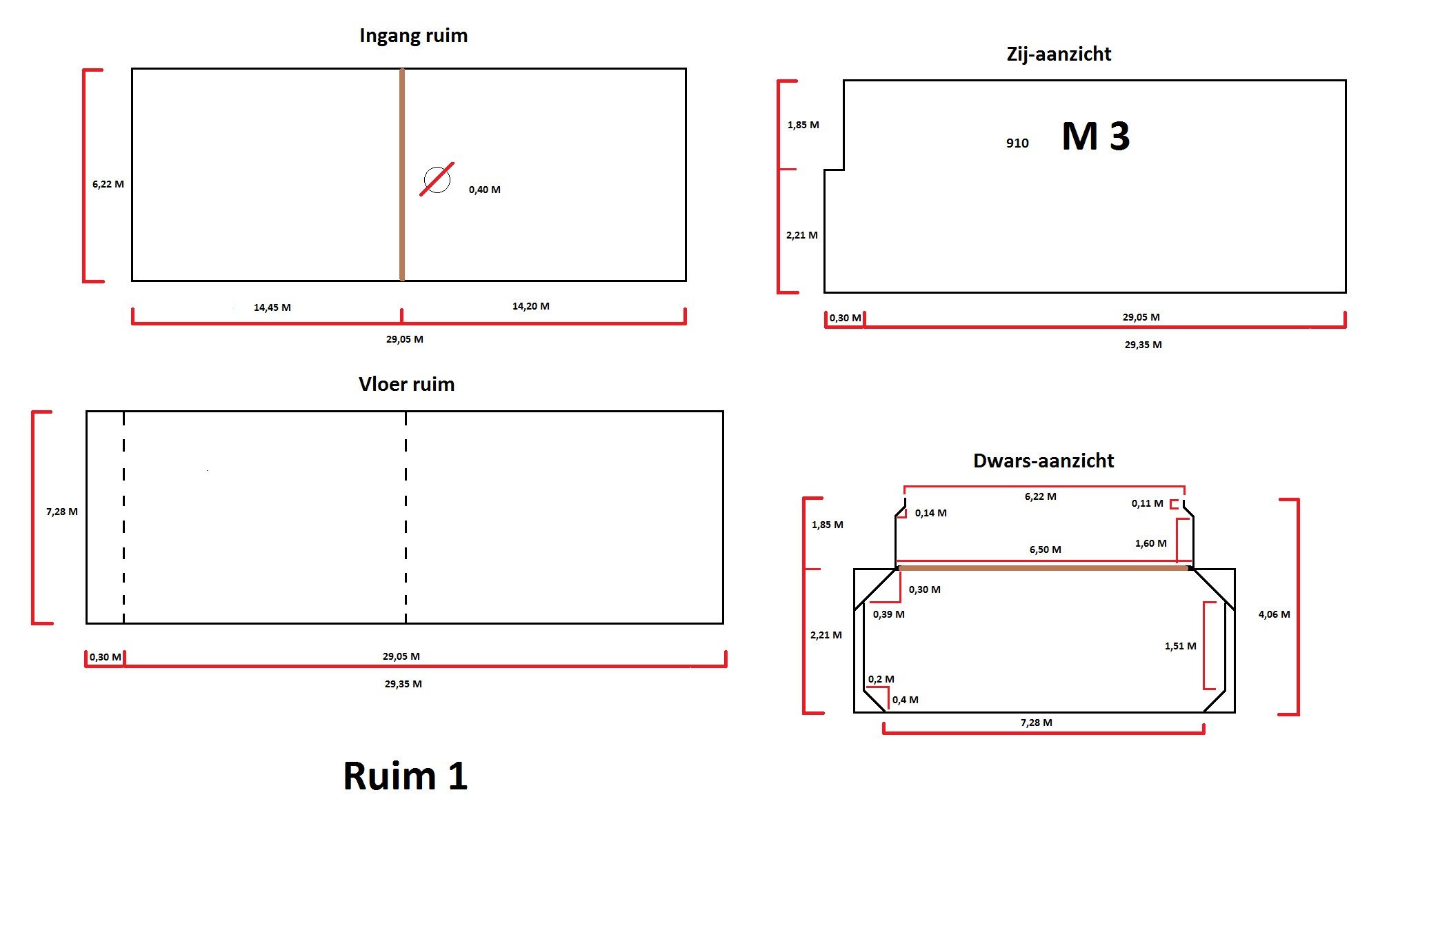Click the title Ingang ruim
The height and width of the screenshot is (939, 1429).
tap(413, 36)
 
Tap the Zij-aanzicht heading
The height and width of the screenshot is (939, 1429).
tap(1059, 54)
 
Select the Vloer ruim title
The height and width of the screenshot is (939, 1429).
tap(406, 385)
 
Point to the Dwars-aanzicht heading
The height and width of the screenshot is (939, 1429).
tap(1043, 461)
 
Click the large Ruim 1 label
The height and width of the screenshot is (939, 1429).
tap(406, 776)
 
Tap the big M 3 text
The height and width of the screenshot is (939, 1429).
tap(1095, 137)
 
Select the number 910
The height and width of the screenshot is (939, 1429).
tap(1017, 143)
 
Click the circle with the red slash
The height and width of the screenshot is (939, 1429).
tap(437, 180)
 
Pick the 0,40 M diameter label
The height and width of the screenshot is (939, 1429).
tap(484, 190)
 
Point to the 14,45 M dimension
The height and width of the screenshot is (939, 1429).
tap(272, 307)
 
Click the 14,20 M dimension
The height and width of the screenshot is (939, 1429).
tap(530, 306)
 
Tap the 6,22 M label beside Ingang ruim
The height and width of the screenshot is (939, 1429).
tap(108, 184)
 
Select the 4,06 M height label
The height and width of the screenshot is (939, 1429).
tap(1274, 614)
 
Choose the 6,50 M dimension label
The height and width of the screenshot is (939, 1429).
tap(1045, 549)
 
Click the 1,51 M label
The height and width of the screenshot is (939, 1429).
tap(1180, 646)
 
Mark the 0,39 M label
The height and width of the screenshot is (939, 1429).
tap(888, 614)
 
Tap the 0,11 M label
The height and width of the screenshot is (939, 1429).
tap(1147, 503)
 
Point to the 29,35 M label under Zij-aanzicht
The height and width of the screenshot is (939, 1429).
tap(1143, 345)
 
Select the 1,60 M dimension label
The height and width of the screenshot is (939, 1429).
tap(1150, 543)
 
